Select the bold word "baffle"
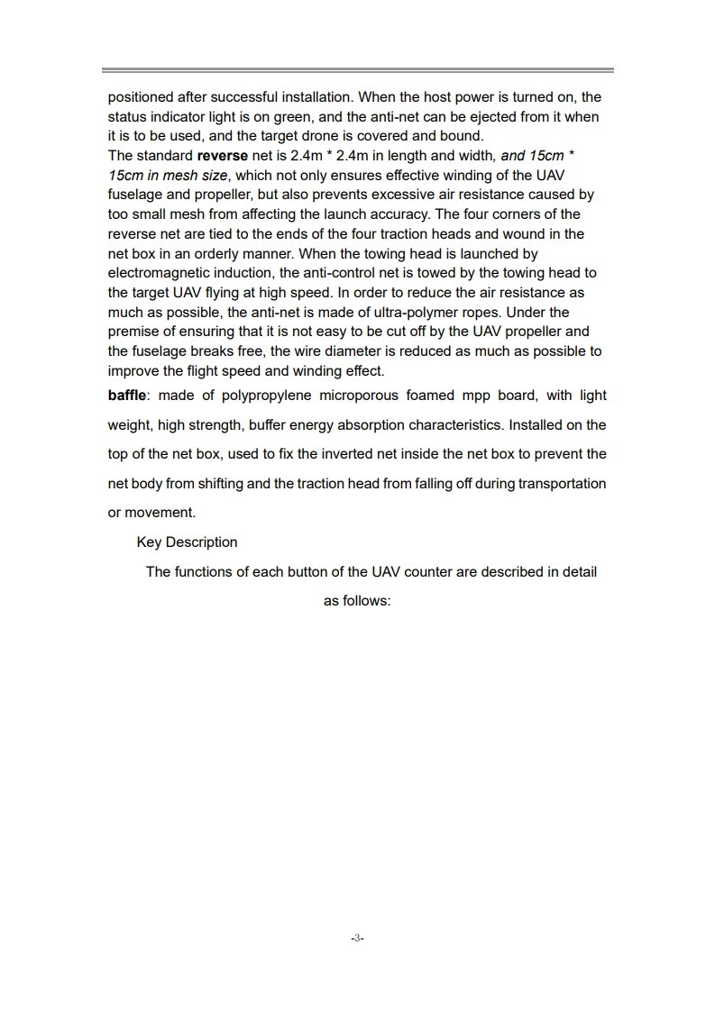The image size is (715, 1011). click(x=125, y=396)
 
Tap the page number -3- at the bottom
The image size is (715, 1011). click(x=357, y=938)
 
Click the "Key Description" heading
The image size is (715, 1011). click(x=187, y=542)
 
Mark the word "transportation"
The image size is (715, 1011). click(x=561, y=483)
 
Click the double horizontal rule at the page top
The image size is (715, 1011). click(x=357, y=69)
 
